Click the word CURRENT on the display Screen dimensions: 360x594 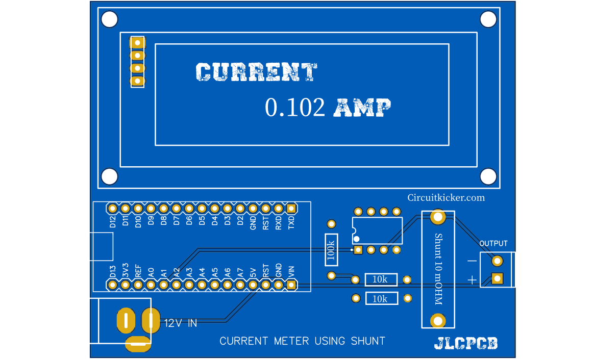(256, 72)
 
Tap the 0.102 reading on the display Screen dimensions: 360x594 (295, 108)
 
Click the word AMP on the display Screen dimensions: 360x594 (362, 108)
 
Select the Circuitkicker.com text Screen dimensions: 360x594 (446, 198)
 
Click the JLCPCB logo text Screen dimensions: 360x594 (466, 344)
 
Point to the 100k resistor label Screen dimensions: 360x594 (331, 250)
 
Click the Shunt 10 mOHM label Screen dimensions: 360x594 (437, 269)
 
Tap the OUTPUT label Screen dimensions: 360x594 (493, 243)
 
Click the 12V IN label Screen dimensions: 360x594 (180, 323)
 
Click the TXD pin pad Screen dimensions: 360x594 (291, 208)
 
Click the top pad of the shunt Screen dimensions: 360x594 (437, 217)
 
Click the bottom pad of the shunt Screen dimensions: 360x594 (437, 321)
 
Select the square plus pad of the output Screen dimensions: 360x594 (497, 278)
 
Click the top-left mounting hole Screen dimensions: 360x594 (109, 19)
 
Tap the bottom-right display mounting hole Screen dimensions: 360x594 (488, 176)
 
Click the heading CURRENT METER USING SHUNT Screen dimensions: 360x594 (302, 341)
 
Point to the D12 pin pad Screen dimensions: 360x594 (113, 208)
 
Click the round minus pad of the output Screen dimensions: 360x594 (497, 262)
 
